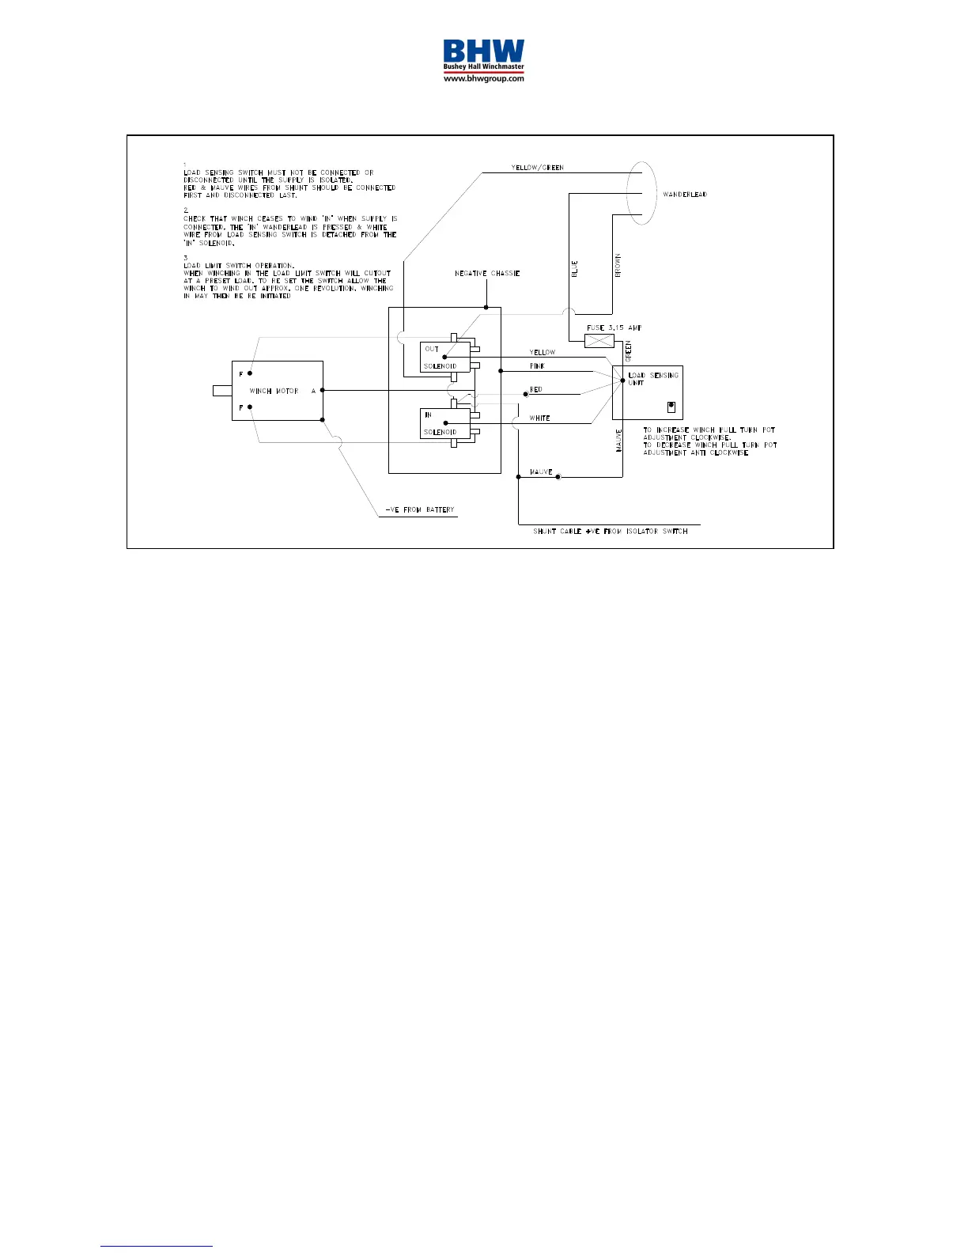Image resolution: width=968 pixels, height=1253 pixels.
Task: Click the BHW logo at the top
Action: click(483, 55)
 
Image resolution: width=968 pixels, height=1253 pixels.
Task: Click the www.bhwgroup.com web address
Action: click(483, 79)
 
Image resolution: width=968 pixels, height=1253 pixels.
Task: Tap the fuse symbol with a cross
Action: click(599, 341)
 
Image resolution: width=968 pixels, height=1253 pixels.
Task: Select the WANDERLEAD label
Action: click(685, 195)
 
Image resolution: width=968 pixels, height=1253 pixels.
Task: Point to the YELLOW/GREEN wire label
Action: click(537, 168)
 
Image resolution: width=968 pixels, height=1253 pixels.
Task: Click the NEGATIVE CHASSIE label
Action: click(487, 274)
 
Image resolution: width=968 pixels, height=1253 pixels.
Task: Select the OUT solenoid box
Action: click(444, 358)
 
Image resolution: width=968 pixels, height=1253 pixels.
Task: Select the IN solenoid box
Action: click(444, 423)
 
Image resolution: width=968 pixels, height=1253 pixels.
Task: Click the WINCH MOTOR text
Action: click(274, 392)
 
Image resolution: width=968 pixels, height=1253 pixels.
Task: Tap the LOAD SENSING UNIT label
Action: click(652, 379)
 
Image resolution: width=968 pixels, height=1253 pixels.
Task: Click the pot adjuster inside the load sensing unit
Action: click(671, 407)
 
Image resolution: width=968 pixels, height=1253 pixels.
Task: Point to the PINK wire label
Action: click(537, 366)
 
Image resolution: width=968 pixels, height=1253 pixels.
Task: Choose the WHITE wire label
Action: click(539, 418)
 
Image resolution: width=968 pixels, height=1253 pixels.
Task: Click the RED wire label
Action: click(536, 390)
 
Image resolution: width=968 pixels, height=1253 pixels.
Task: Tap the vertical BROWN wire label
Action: click(618, 264)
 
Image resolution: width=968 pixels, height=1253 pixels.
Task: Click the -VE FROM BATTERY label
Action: click(420, 510)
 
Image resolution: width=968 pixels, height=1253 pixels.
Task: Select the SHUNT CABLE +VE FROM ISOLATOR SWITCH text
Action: click(610, 532)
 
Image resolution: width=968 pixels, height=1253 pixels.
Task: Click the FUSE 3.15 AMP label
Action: click(614, 327)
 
